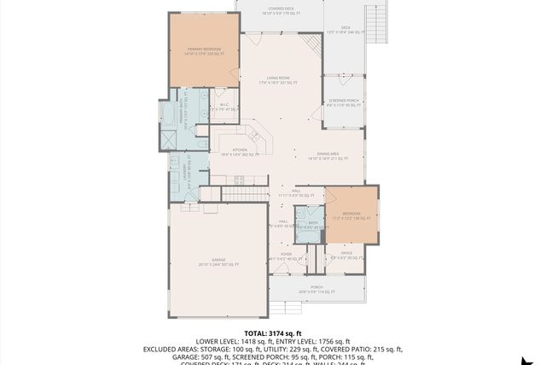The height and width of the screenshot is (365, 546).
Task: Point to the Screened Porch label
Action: point(343,103)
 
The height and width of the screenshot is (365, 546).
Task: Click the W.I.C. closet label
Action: point(222,107)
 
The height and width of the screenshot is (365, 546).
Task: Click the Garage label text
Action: point(219,262)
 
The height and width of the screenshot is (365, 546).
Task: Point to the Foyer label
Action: point(287,256)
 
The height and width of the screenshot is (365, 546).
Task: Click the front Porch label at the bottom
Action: point(317,289)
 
